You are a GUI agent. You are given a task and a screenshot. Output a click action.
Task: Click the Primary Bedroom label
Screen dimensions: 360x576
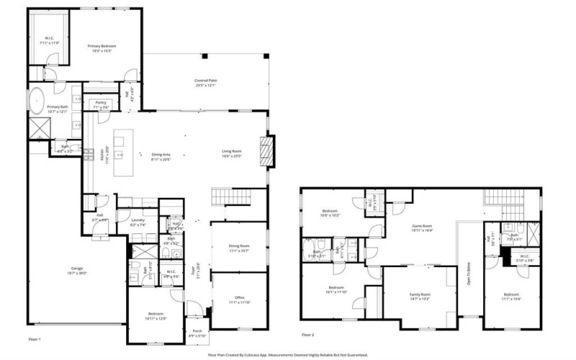(104, 46)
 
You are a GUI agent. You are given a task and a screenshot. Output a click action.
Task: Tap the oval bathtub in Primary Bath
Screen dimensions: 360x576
(37, 99)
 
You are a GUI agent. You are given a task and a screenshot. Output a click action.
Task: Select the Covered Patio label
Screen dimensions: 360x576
(206, 80)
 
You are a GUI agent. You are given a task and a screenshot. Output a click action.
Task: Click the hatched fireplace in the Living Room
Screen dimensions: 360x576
(266, 152)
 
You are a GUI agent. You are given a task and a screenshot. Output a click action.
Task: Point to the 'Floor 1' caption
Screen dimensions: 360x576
(35, 338)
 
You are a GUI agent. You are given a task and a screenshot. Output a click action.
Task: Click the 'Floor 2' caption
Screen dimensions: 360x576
(308, 335)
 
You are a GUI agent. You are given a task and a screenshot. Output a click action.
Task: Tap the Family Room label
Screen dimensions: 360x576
(420, 294)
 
